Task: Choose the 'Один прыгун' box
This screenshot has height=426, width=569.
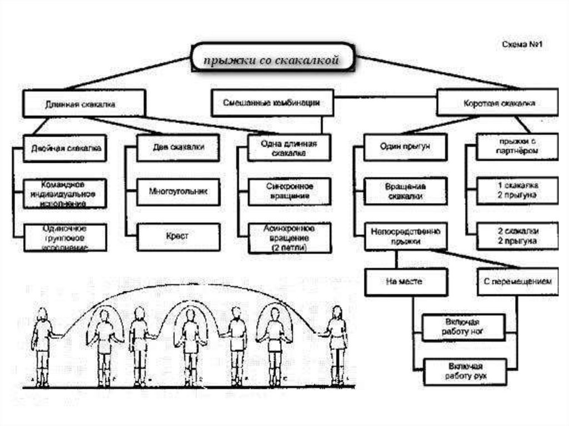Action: tap(406, 147)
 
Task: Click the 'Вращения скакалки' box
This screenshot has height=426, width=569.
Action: tap(406, 191)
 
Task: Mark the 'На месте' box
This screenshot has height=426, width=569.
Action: tap(406, 282)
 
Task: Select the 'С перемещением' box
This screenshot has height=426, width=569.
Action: tap(515, 282)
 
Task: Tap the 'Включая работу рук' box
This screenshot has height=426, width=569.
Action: tap(465, 372)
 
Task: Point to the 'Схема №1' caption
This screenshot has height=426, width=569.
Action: tap(521, 44)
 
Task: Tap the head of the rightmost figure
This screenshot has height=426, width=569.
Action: tap(337, 312)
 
